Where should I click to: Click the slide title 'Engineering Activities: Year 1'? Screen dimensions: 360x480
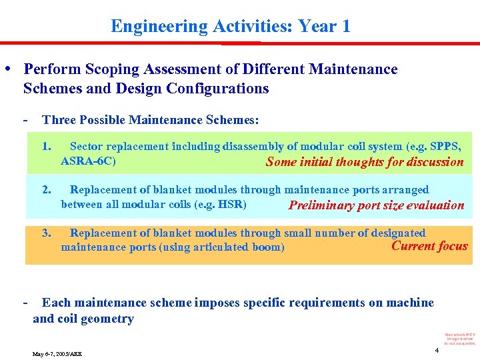pyautogui.click(x=230, y=27)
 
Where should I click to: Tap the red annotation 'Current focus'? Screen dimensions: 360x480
pyautogui.click(x=429, y=246)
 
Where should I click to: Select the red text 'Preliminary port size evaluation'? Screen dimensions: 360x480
pyautogui.click(x=376, y=205)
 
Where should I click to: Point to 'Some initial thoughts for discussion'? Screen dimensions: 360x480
pyautogui.click(x=364, y=162)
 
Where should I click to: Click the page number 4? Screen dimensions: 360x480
pyautogui.click(x=437, y=350)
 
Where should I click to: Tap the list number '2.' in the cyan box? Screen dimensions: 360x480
pyautogui.click(x=46, y=190)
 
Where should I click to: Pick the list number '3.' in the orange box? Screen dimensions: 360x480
pyautogui.click(x=46, y=233)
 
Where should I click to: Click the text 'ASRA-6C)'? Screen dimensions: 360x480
pyautogui.click(x=88, y=161)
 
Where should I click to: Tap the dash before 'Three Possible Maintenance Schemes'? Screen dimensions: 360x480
pyautogui.click(x=25, y=120)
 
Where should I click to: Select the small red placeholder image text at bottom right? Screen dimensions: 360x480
pyautogui.click(x=459, y=338)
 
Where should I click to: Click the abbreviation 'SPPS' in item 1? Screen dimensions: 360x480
pyautogui.click(x=444, y=147)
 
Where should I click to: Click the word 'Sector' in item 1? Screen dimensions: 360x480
pyautogui.click(x=86, y=147)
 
